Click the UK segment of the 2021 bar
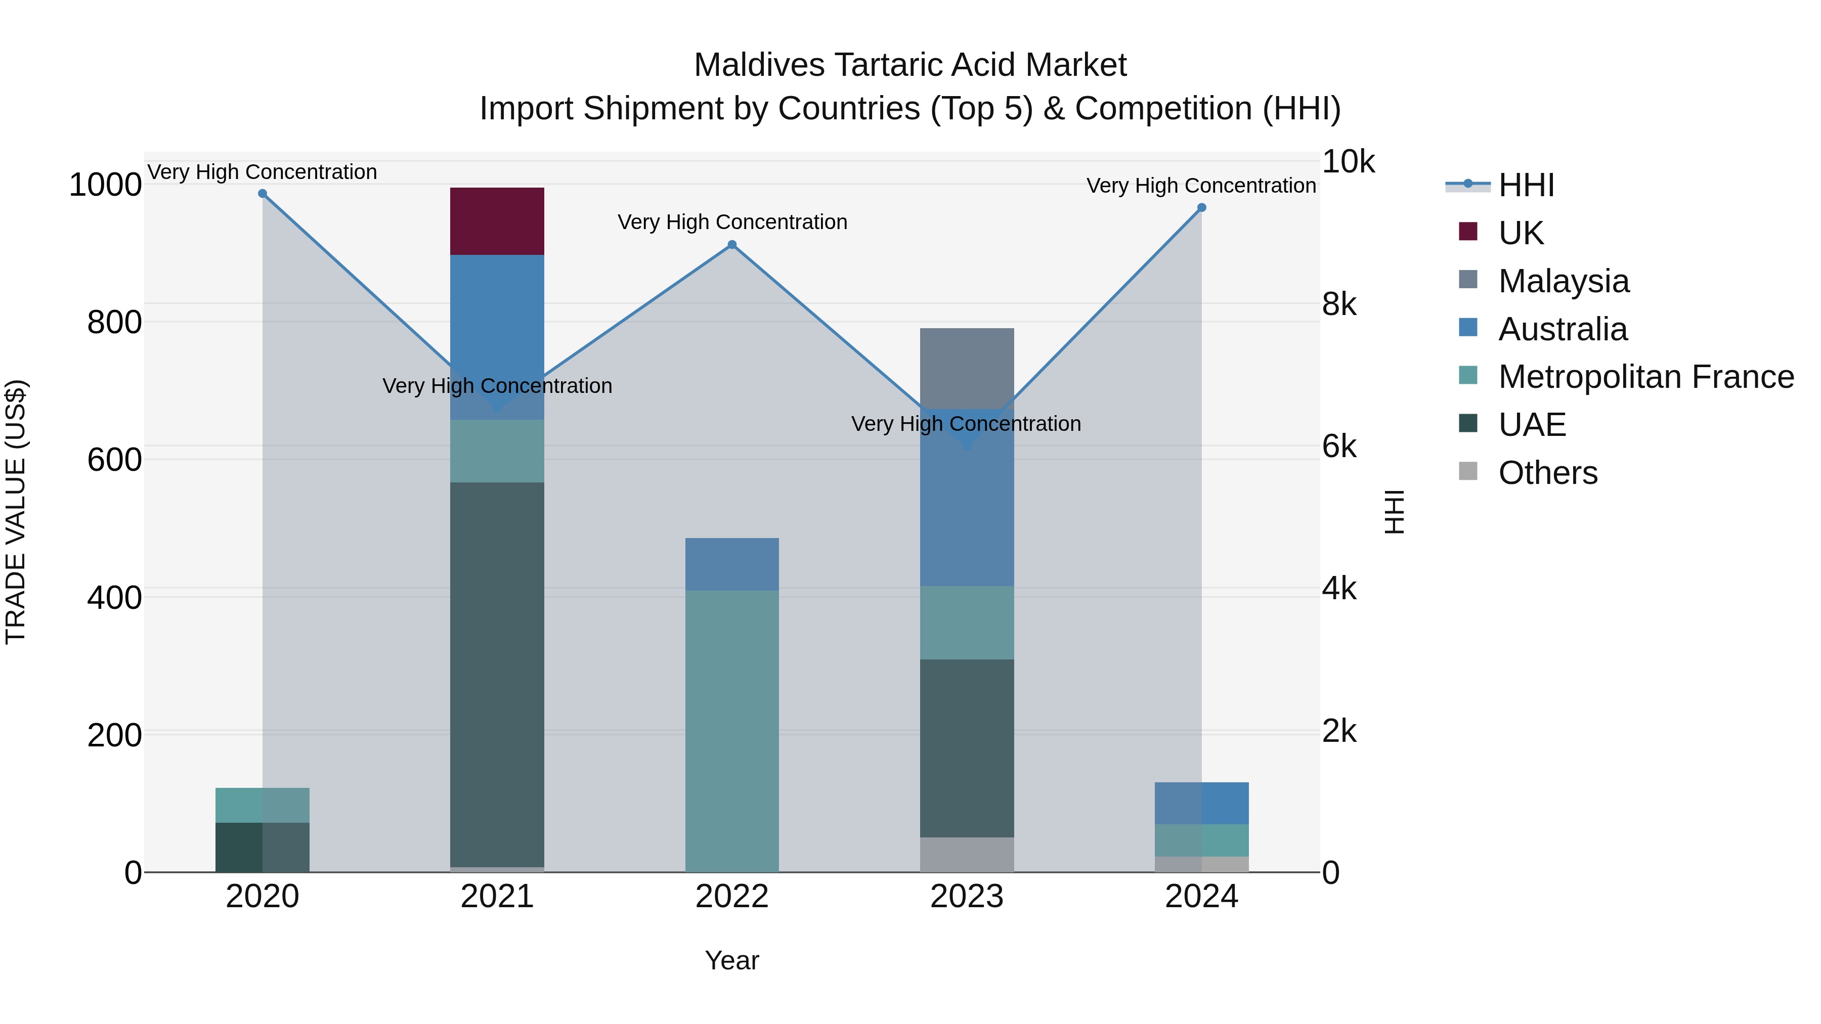(497, 221)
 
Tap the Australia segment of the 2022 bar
(731, 564)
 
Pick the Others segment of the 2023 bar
(966, 855)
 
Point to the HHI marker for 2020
(262, 194)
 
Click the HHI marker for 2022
(731, 245)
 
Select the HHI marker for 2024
(1201, 208)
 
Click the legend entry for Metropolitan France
(1645, 377)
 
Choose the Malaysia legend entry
(1563, 281)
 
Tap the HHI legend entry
(1526, 185)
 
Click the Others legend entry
(1547, 473)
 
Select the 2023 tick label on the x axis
(966, 897)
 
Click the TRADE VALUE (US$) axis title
(16, 512)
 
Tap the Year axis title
(731, 960)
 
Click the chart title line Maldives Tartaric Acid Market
(910, 65)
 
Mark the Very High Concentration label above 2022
(731, 222)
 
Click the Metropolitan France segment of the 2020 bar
(262, 805)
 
